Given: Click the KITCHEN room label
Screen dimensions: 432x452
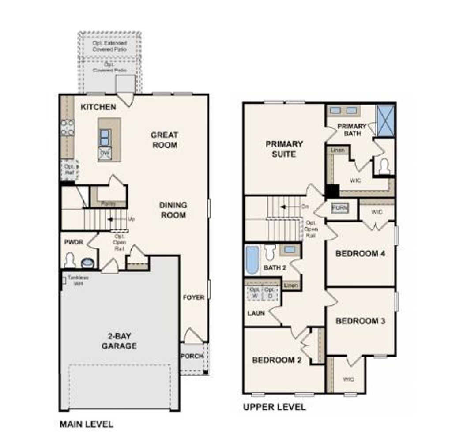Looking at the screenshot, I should click(98, 107).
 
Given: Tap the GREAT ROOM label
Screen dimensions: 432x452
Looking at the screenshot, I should click(164, 140).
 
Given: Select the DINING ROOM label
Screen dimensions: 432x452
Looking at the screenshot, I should click(173, 210).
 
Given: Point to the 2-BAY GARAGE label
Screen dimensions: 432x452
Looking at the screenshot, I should click(119, 341).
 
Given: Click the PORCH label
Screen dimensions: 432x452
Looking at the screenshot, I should click(192, 356).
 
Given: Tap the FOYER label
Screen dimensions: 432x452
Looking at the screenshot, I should click(194, 297).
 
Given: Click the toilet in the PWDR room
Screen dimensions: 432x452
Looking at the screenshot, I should click(70, 260).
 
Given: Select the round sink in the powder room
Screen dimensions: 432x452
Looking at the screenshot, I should click(87, 263).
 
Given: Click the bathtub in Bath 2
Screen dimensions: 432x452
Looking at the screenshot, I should click(252, 260).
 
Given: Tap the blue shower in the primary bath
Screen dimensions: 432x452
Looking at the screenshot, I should click(386, 120).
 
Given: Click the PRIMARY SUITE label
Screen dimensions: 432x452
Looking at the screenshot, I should click(284, 149).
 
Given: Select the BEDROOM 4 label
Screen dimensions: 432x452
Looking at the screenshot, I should click(357, 254).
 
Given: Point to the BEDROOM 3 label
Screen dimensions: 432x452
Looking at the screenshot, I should click(360, 321).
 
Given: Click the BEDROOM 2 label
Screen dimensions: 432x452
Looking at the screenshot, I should click(276, 360).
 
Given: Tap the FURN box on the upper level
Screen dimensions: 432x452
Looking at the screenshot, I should click(339, 208).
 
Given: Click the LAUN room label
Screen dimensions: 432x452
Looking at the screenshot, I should click(256, 313).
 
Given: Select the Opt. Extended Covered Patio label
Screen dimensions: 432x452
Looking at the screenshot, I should click(109, 46).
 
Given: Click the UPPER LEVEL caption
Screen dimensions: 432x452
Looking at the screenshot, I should click(274, 407).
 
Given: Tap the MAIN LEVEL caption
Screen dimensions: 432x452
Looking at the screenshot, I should click(87, 424).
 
